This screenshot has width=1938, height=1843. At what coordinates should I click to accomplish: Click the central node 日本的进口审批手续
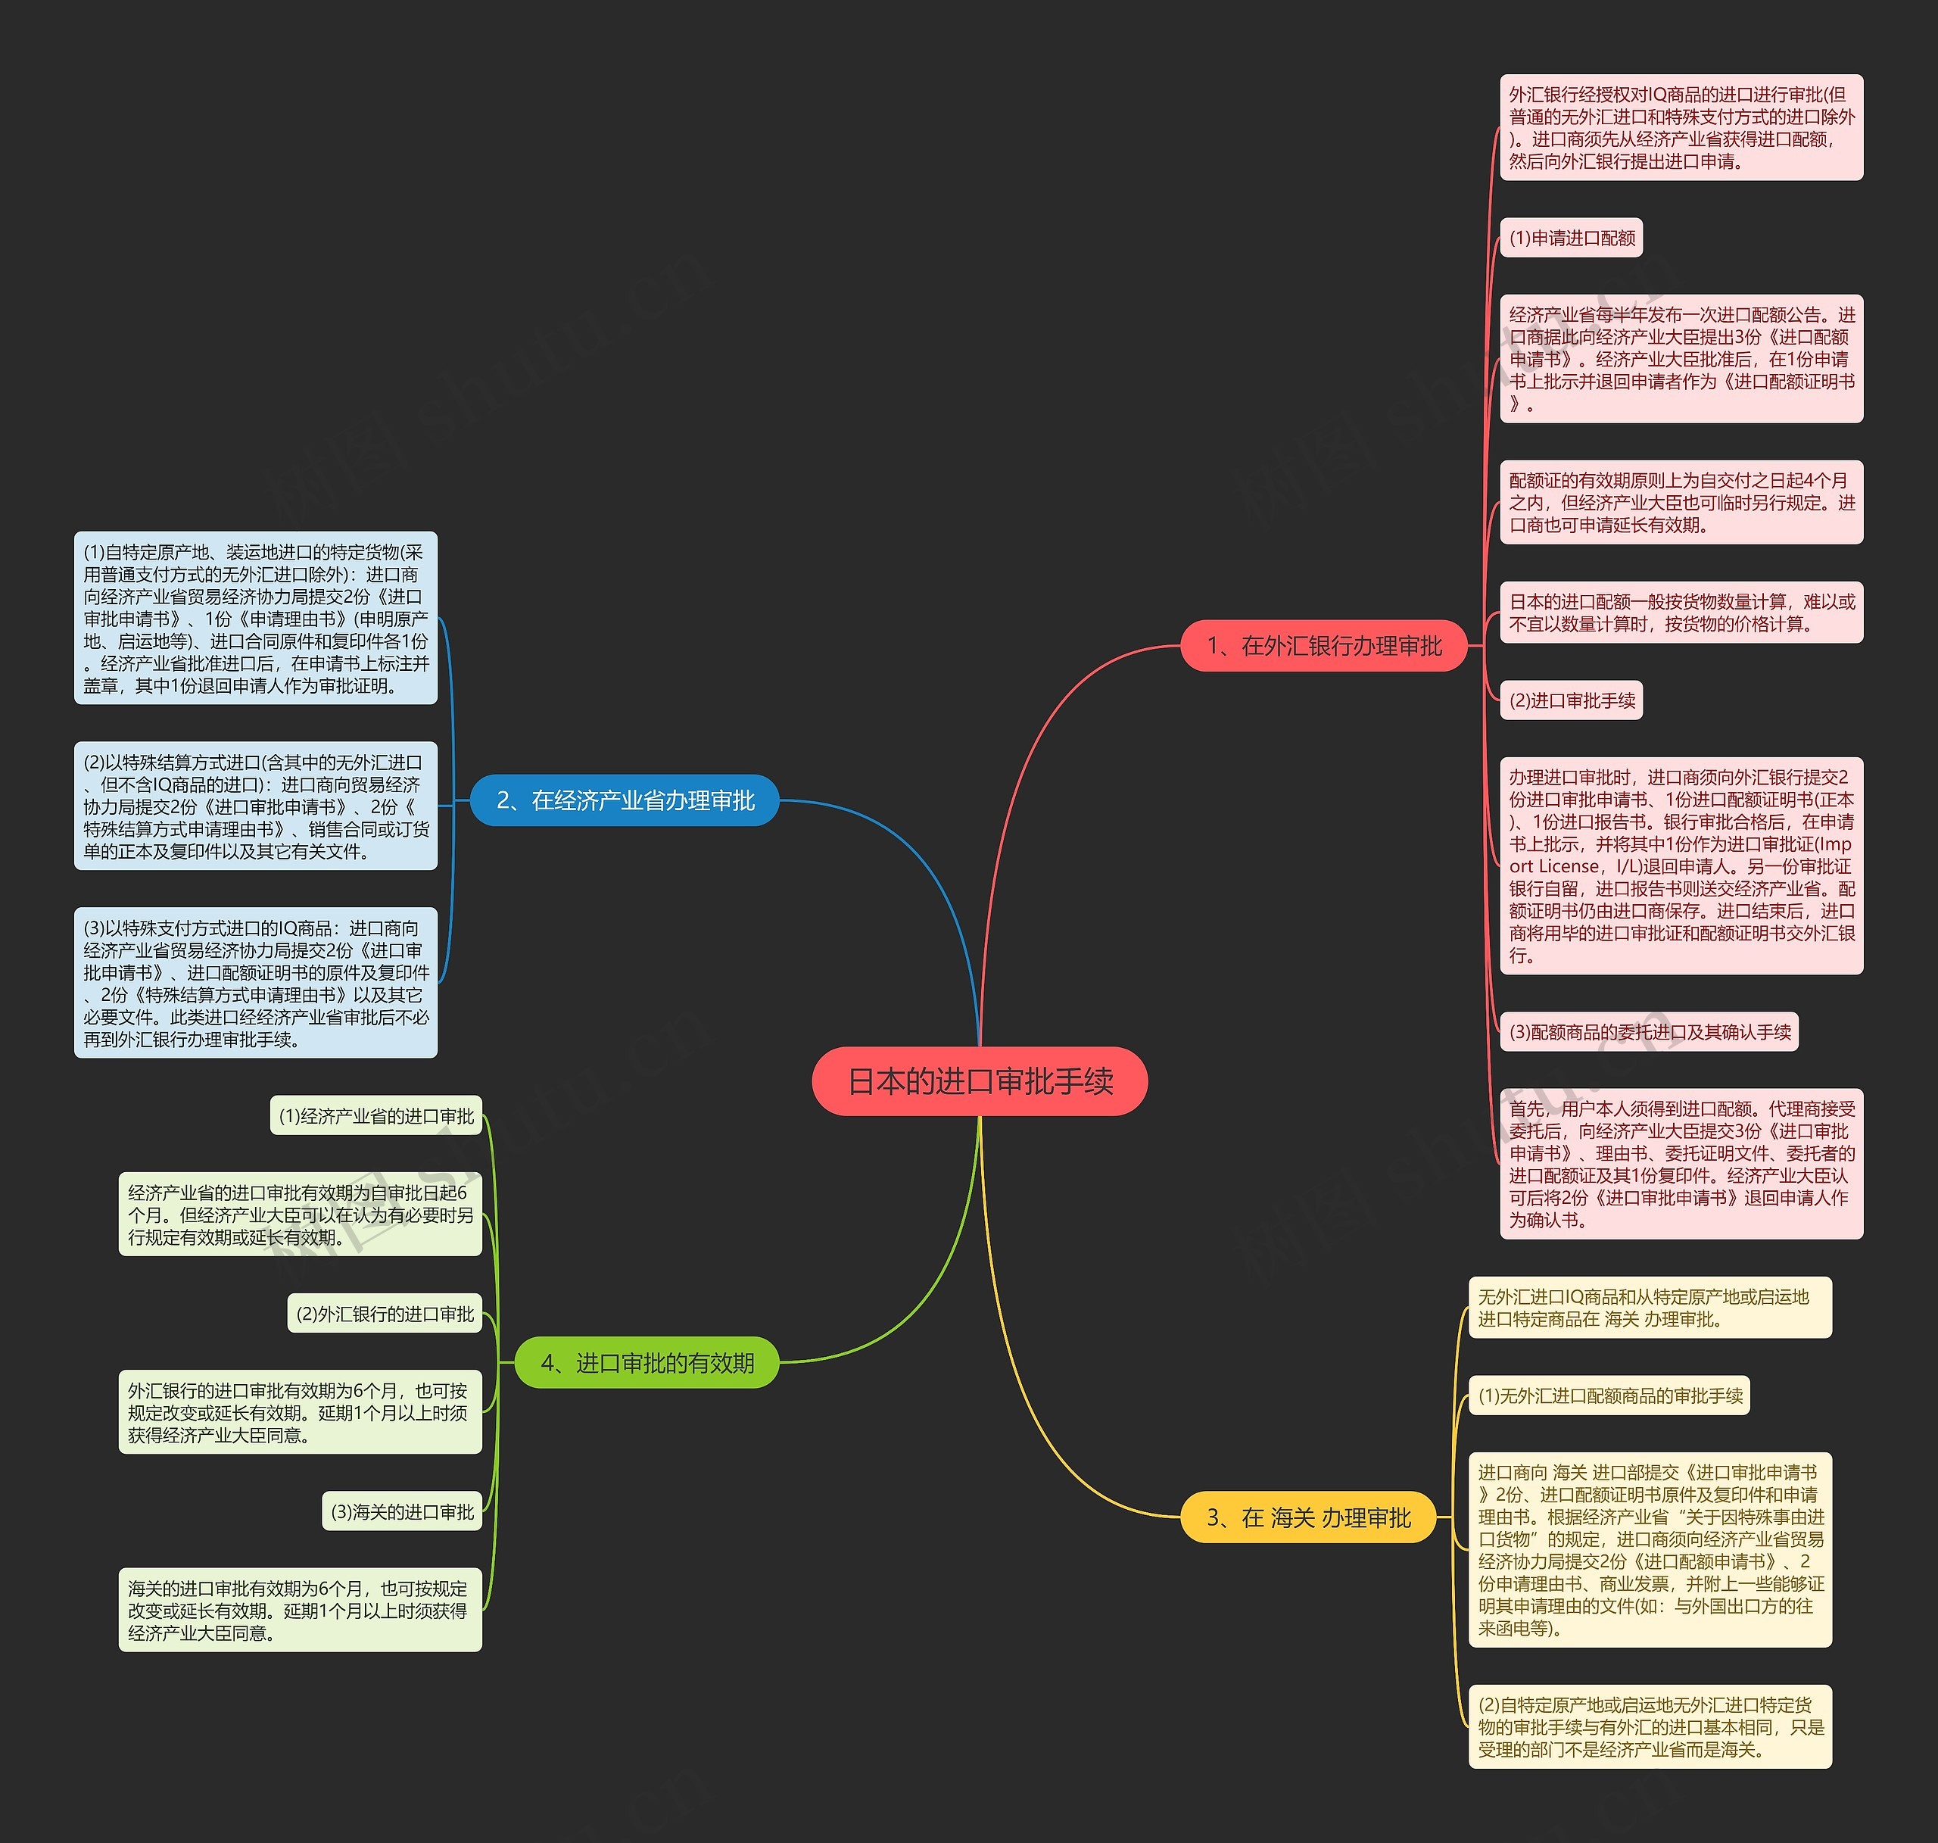980,1081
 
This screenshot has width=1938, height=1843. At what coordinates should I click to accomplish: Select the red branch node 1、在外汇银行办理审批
1323,645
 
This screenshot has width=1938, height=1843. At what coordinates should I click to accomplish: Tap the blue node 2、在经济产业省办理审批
625,800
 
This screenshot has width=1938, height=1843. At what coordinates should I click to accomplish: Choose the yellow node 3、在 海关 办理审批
1307,1518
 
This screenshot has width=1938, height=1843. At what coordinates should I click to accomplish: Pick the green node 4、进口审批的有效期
647,1363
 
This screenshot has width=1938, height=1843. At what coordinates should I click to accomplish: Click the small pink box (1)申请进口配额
1572,238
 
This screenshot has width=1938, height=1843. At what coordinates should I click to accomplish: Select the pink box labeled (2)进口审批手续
1572,700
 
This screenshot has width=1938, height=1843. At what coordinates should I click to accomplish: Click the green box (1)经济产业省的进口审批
376,1116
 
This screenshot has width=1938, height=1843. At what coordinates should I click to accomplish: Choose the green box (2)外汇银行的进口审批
385,1314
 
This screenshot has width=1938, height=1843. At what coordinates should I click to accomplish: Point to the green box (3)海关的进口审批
402,1511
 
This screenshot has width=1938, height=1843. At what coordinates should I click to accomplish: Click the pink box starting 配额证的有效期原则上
1681,502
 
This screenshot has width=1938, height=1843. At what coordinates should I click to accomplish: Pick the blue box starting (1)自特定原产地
255,618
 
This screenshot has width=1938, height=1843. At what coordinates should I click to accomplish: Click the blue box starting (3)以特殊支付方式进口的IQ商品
255,982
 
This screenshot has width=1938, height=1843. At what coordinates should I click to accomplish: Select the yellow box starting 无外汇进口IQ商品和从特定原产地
1650,1308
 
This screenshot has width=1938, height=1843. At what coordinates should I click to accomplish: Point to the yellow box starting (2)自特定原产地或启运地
1650,1726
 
